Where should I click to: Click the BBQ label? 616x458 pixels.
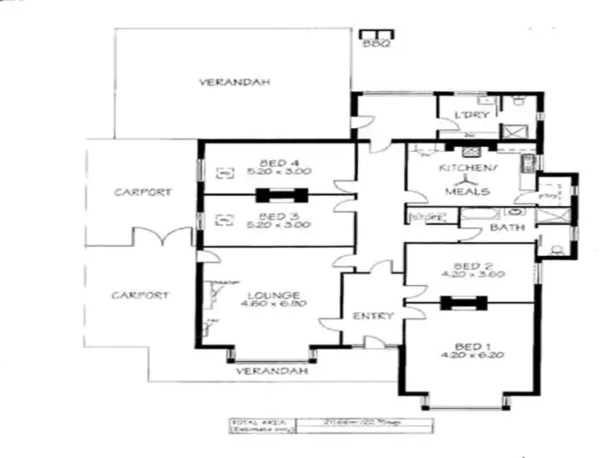pyautogui.click(x=376, y=44)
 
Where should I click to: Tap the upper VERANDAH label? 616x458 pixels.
pyautogui.click(x=223, y=82)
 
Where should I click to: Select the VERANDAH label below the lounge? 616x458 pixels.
pyautogui.click(x=271, y=371)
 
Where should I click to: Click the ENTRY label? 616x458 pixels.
pyautogui.click(x=374, y=316)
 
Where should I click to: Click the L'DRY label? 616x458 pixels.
pyautogui.click(x=471, y=115)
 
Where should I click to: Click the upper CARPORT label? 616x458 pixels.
pyautogui.click(x=143, y=192)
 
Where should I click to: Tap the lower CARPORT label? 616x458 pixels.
pyautogui.click(x=140, y=295)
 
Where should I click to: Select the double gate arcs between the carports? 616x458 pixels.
pyautogui.click(x=160, y=237)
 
